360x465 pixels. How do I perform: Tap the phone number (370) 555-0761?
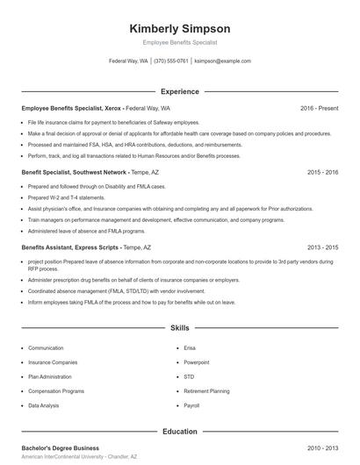pos(172,61)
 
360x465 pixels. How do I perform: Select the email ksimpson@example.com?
pos(222,61)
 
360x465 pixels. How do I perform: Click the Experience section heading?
pos(179,91)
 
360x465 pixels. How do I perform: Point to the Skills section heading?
pos(179,328)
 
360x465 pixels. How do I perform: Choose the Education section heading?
pos(179,432)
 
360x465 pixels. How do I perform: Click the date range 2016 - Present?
pos(319,108)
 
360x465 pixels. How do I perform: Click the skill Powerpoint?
pos(196,361)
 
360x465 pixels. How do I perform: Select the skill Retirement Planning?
pos(206,391)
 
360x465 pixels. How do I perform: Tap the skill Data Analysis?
pos(44,406)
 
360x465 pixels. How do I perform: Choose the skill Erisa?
pos(190,347)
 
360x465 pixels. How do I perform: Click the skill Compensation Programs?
pos(56,391)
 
